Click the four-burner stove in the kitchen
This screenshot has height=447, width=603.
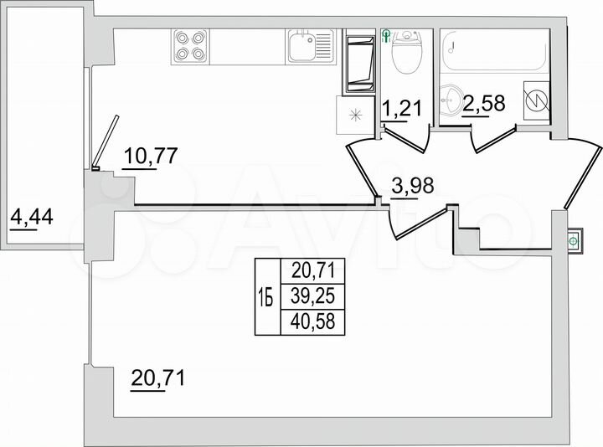coord(191,47)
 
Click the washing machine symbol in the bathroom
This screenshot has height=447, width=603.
coord(533,99)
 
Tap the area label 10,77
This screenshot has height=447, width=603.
coord(152,157)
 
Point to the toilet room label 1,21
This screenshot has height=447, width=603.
coord(400,109)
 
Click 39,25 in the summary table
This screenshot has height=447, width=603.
coord(313,295)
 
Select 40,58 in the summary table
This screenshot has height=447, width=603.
coord(313,321)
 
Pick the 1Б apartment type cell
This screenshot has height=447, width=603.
coord(265,296)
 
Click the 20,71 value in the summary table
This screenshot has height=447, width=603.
coord(313,270)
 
